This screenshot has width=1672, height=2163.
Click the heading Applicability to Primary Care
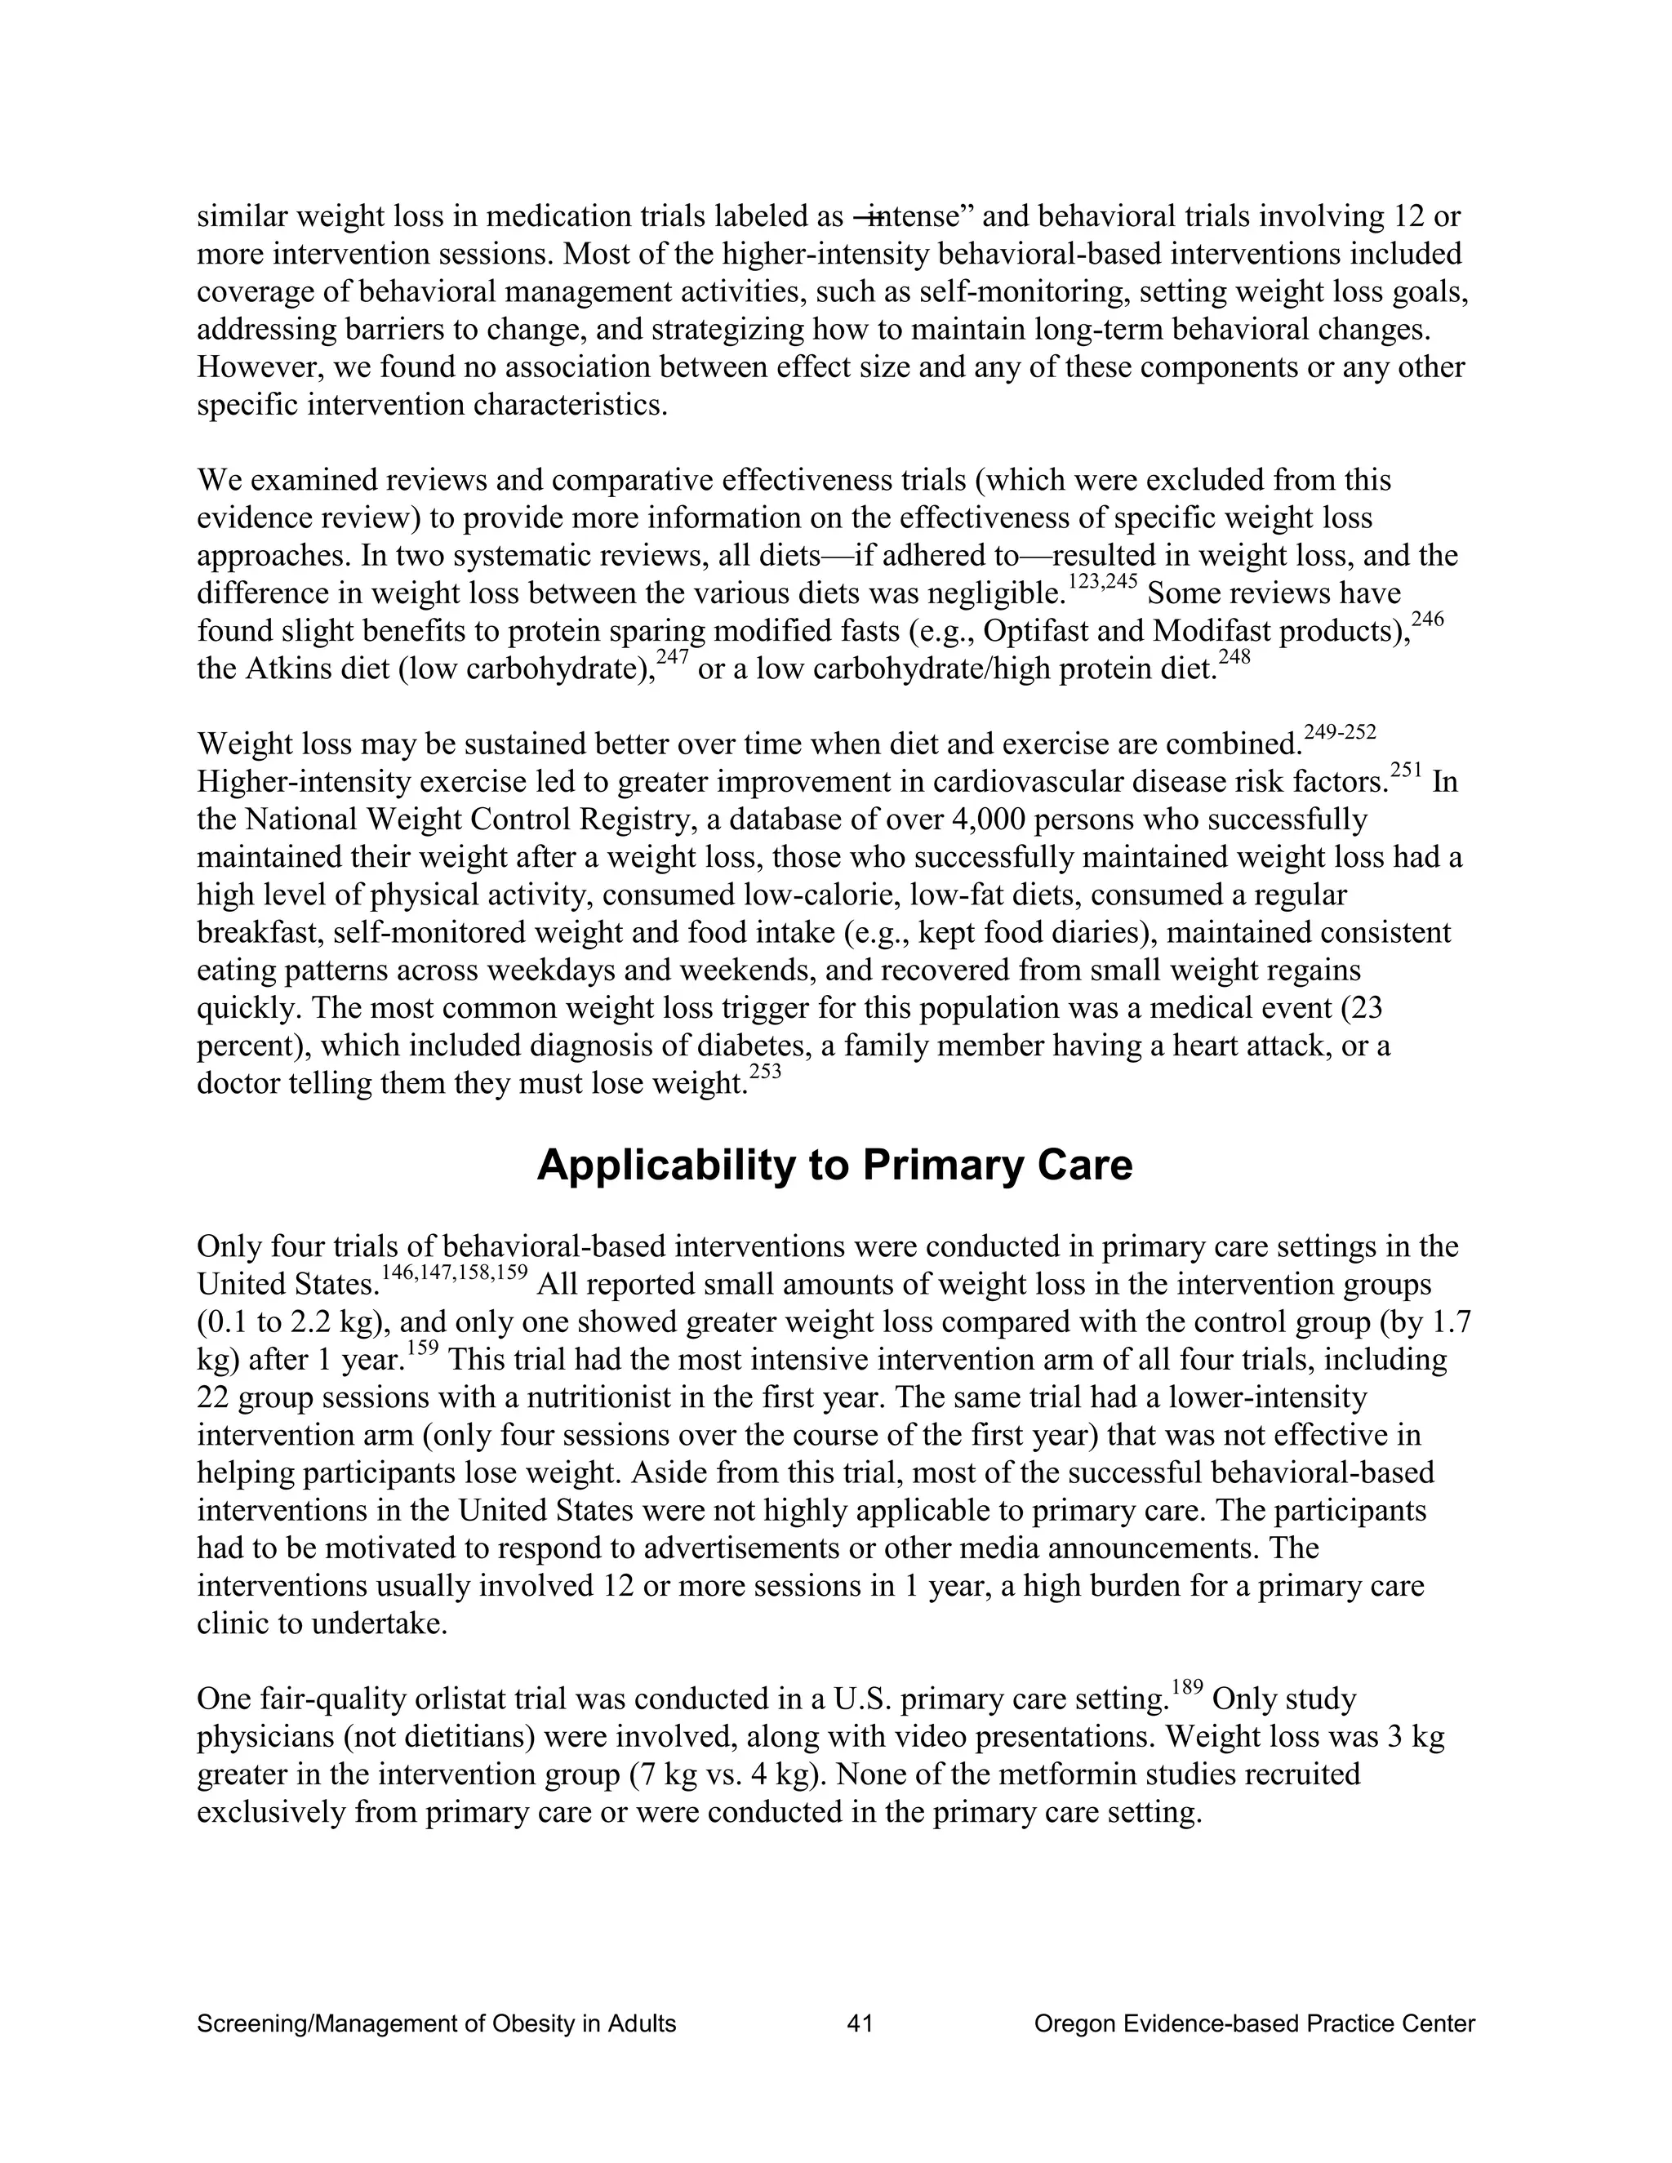[x=834, y=1166]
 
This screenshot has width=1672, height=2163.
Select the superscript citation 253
[x=765, y=1072]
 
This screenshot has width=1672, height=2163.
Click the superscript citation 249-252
[x=1341, y=732]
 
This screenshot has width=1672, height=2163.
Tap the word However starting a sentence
[x=256, y=367]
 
